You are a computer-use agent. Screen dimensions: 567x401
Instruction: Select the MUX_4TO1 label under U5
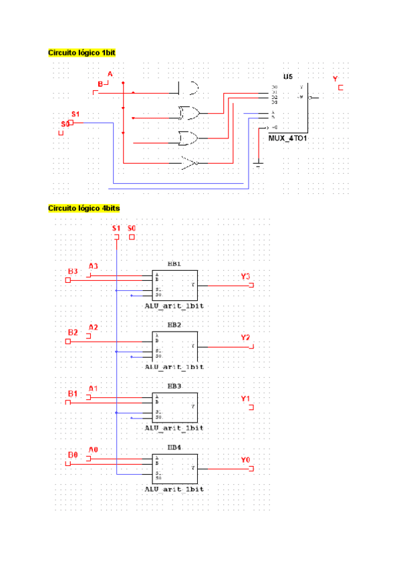point(288,138)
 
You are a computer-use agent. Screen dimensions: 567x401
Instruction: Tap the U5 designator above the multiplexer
point(288,77)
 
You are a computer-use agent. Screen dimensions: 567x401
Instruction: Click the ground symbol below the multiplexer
point(258,163)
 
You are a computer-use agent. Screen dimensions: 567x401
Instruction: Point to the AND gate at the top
point(190,88)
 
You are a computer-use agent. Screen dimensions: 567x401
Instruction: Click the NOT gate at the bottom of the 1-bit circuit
point(190,162)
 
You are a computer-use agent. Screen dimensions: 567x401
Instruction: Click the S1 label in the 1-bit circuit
point(76,114)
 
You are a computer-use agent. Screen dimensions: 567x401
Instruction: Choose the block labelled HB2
point(174,346)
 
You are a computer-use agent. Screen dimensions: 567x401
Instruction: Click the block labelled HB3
point(174,407)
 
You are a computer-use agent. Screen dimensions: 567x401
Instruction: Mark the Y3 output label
point(245,276)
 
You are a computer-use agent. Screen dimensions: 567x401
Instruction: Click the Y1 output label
point(245,399)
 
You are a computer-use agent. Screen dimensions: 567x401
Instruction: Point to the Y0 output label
point(245,460)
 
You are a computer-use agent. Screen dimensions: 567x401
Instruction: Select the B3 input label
point(73,271)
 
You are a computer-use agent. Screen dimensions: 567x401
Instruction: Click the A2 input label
point(94,327)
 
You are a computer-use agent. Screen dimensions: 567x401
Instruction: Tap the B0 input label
point(73,455)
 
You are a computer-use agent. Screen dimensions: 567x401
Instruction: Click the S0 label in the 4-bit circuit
point(132,229)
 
